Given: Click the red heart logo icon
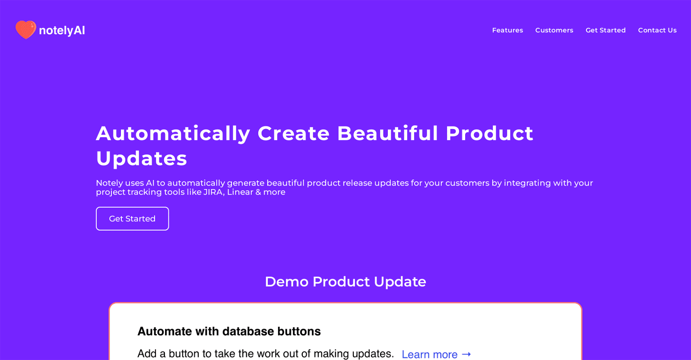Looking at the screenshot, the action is (26, 30).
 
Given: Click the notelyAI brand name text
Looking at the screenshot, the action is (62, 31).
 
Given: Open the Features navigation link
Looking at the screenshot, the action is (507, 30).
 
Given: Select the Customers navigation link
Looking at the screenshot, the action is (554, 30).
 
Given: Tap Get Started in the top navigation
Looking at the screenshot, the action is (605, 30).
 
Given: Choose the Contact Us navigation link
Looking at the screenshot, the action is (657, 30).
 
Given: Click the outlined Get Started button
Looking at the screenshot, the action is (132, 218).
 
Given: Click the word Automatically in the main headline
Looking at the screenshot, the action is (173, 134).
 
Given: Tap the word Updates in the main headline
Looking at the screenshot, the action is (142, 159).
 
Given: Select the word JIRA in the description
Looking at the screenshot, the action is (213, 192).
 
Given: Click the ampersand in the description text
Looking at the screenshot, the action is (258, 192).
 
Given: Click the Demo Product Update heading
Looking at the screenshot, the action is (345, 282).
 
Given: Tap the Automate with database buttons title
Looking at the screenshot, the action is (229, 332).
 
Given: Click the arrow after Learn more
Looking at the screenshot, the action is (466, 354).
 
